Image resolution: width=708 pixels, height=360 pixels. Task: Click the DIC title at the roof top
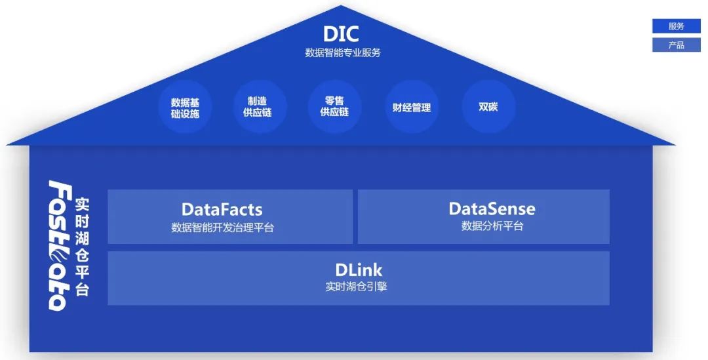coord(342,33)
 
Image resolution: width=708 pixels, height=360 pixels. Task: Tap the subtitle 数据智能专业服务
coord(342,52)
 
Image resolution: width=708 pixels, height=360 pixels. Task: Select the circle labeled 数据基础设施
coord(185,108)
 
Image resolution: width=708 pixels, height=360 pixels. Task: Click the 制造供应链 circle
coord(260,107)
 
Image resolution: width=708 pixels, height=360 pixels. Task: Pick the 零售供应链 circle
coord(334,107)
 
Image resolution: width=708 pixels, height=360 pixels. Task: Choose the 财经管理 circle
coord(412,107)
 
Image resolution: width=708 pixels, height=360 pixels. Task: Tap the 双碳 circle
coord(488,106)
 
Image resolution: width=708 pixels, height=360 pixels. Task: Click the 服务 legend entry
coord(677,26)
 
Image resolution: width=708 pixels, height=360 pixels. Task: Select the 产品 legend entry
coord(677,45)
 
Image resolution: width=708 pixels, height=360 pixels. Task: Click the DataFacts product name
coord(222,210)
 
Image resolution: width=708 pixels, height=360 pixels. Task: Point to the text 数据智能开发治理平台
coord(222,228)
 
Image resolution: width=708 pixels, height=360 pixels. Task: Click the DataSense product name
coord(492,209)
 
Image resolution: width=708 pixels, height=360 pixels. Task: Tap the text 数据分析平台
coord(492,226)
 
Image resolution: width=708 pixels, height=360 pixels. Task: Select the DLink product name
coord(358,270)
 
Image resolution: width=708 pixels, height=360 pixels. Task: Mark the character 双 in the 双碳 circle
coord(484,106)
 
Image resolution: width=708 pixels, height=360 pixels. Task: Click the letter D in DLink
coord(341,270)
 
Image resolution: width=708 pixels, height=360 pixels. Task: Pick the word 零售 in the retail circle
coord(334,101)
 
